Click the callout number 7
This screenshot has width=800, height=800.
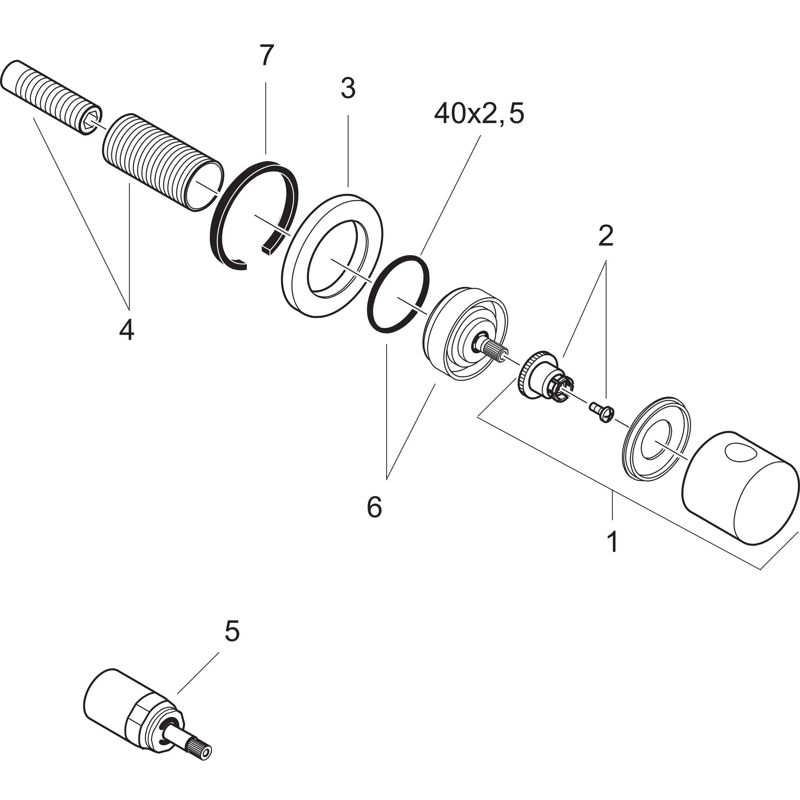[x=267, y=56]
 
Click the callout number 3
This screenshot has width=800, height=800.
[x=348, y=89]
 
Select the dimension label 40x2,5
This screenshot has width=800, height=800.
[x=479, y=115]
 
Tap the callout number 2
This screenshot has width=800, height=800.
[x=605, y=236]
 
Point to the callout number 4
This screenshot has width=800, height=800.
[x=127, y=330]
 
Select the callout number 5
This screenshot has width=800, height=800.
[x=232, y=631]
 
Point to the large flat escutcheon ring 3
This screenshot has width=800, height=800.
[x=298, y=286]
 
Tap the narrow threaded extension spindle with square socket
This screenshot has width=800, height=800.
[x=50, y=95]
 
